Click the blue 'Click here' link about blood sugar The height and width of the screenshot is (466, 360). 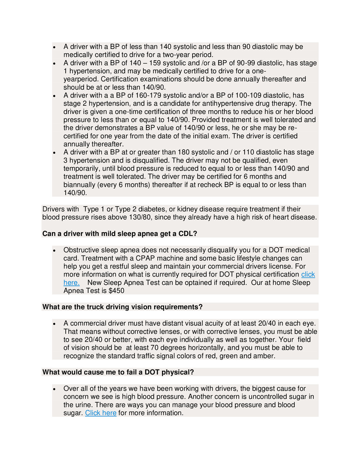(x=101, y=413)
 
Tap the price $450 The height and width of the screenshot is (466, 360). (x=116, y=290)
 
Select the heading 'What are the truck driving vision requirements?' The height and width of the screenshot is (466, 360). (x=122, y=307)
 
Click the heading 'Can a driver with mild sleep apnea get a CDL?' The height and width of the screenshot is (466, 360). (x=120, y=233)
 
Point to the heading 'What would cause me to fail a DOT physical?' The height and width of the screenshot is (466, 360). (x=118, y=372)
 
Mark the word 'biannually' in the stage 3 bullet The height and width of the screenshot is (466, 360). (x=80, y=185)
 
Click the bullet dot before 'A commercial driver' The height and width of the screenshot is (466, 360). (x=55, y=323)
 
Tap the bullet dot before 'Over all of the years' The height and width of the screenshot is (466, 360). (x=55, y=389)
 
